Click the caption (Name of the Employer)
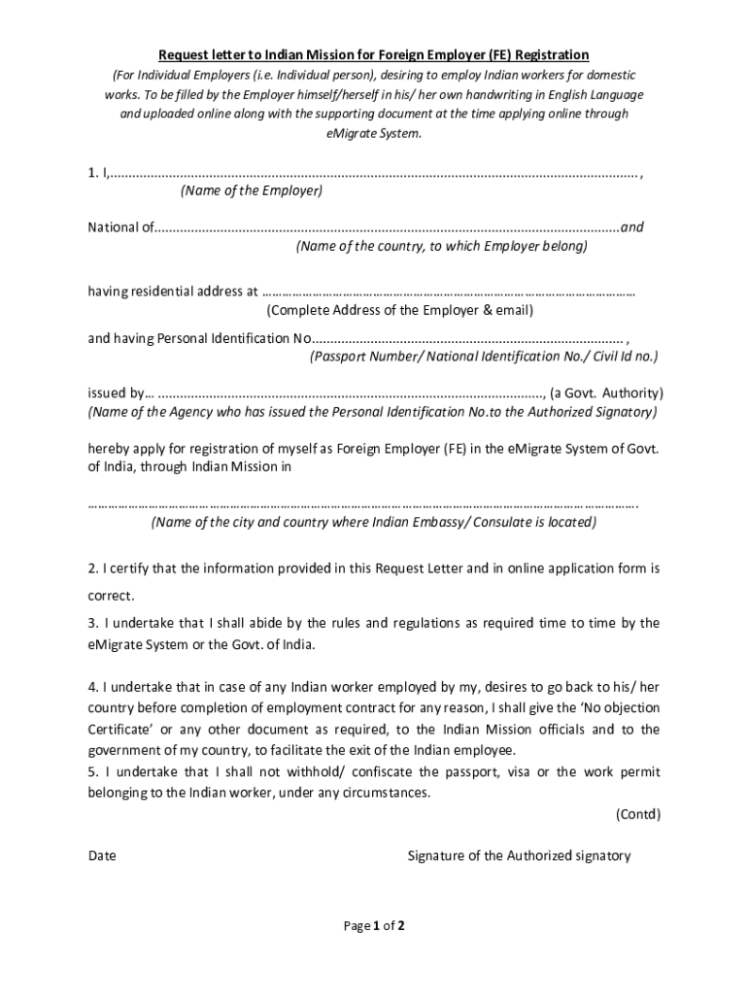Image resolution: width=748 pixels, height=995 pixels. click(x=252, y=191)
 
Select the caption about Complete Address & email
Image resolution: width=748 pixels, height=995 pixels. click(x=400, y=311)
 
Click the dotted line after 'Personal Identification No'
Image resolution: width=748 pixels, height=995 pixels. click(x=467, y=339)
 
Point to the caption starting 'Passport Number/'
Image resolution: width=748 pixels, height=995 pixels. click(x=484, y=357)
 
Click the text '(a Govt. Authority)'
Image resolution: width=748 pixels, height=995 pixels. click(x=606, y=394)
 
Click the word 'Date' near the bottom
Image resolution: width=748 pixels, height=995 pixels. click(x=102, y=856)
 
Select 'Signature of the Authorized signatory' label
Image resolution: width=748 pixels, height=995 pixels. click(x=519, y=856)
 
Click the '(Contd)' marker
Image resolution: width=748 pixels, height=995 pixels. click(x=637, y=815)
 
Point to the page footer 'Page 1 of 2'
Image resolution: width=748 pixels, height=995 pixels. click(x=374, y=926)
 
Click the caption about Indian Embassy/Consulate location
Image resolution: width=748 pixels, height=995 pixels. click(x=374, y=523)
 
